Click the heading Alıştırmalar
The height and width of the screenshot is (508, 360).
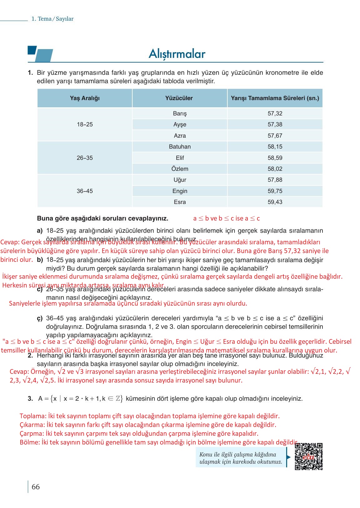click(x=177, y=54)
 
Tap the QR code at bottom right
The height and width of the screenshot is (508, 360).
click(x=308, y=456)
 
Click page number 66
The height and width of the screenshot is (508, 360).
click(x=36, y=487)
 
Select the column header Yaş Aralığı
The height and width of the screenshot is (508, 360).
click(x=85, y=98)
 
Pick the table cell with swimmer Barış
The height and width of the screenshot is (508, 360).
click(x=180, y=114)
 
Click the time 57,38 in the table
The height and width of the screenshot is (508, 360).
click(x=275, y=124)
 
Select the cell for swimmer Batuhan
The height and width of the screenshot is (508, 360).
click(x=180, y=147)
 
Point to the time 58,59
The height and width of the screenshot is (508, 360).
click(x=275, y=158)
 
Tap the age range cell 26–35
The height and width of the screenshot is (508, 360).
click(x=85, y=158)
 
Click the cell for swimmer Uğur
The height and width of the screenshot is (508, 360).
click(x=180, y=180)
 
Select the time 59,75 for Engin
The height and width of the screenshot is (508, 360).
click(x=275, y=191)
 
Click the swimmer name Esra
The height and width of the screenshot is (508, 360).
click(x=180, y=202)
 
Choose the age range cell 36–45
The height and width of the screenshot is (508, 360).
click(x=85, y=191)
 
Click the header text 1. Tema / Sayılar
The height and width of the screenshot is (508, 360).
click(x=53, y=19)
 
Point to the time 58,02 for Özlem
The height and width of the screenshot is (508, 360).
click(x=275, y=169)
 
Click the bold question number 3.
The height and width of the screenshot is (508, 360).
click(x=30, y=399)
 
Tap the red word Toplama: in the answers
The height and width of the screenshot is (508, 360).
click(x=33, y=416)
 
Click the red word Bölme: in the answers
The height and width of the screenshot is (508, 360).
click(x=30, y=442)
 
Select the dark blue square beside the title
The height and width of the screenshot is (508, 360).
click(x=32, y=50)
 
